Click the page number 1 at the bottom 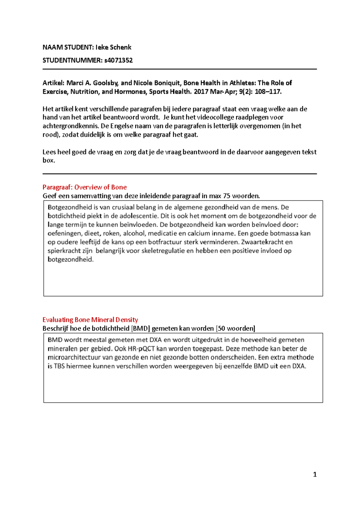coord(315,474)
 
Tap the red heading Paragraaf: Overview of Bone coord(85,187)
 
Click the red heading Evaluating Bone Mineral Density coord(90,320)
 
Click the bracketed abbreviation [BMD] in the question coord(140,328)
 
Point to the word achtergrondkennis coord(71,126)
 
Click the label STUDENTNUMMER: coord(72,60)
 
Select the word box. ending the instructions coord(49,160)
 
